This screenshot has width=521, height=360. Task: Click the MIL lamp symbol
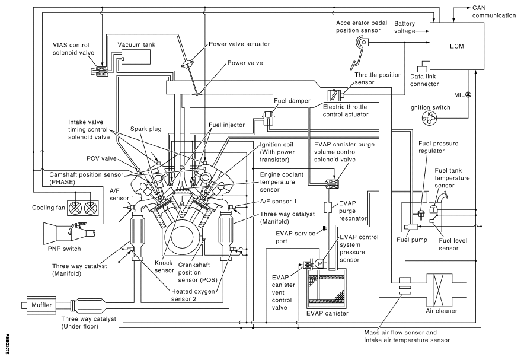tap(468, 94)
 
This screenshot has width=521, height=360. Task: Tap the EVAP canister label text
tap(325, 313)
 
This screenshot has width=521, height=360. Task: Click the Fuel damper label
tap(289, 101)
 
